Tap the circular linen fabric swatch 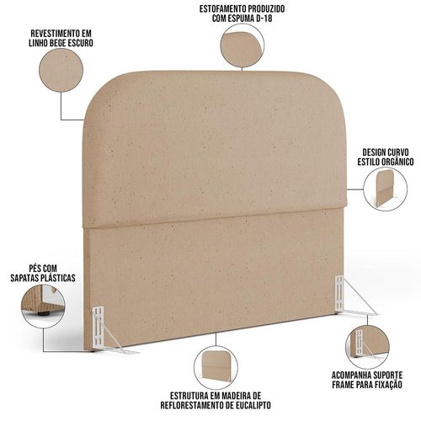61,70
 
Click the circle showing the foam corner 242,45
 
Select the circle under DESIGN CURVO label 385,189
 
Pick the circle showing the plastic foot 43,306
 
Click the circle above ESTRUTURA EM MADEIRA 216,368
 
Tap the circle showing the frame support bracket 367,347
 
